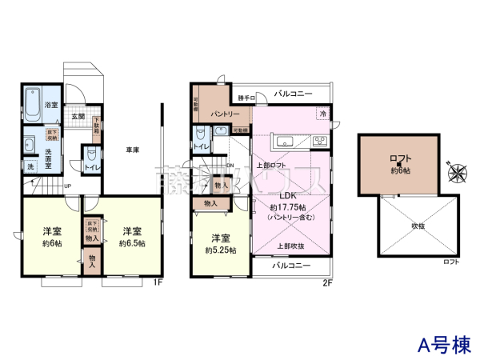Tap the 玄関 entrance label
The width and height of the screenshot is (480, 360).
(78, 116)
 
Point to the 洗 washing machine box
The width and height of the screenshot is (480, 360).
(30, 166)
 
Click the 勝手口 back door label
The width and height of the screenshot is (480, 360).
(246, 98)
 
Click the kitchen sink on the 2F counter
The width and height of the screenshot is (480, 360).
(286, 142)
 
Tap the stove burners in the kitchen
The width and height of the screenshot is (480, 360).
(319, 142)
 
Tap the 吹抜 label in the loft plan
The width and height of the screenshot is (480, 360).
(419, 226)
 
